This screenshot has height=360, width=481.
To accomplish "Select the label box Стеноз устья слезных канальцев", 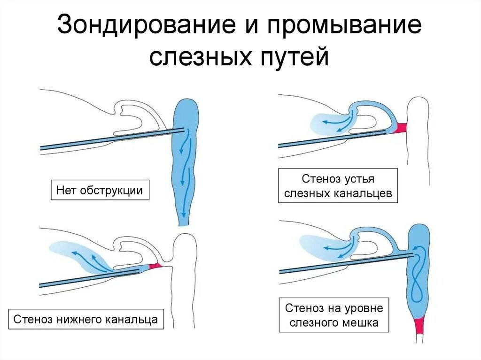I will tap(338, 186).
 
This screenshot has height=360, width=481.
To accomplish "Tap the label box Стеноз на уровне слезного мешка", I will tap(334, 315).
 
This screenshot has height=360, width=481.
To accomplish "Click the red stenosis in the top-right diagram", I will tap(402, 128).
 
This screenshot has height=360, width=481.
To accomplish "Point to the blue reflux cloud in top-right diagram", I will tap(329, 123).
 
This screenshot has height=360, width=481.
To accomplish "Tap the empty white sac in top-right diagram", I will tap(419, 141).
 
